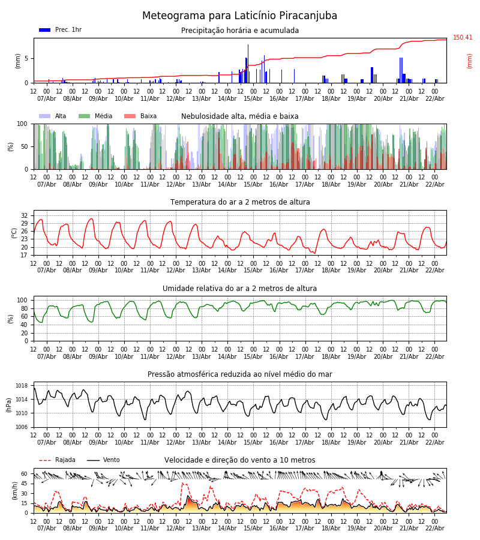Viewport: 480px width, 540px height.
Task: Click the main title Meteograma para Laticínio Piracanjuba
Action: click(240, 16)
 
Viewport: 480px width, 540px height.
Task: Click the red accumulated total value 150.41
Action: click(463, 38)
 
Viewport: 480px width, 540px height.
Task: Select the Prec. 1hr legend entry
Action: click(61, 30)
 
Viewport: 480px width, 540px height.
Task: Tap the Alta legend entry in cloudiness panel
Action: click(53, 116)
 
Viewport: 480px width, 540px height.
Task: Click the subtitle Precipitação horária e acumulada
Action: click(240, 31)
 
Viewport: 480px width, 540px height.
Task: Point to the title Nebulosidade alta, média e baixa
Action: click(240, 116)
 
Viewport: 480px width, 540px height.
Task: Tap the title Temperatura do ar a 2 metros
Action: click(240, 202)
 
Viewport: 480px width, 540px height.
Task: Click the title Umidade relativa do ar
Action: click(240, 289)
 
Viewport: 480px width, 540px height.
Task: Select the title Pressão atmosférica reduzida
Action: click(240, 374)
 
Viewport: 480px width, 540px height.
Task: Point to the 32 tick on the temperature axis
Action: click(25, 215)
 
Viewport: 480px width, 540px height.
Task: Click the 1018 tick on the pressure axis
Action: click(22, 386)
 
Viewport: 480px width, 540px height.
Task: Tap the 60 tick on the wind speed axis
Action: click(25, 474)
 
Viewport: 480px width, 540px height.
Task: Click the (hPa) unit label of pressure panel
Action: click(10, 404)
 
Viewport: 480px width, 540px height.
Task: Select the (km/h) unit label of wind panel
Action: click(14, 490)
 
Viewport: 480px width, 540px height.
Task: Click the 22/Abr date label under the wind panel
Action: click(435, 528)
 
